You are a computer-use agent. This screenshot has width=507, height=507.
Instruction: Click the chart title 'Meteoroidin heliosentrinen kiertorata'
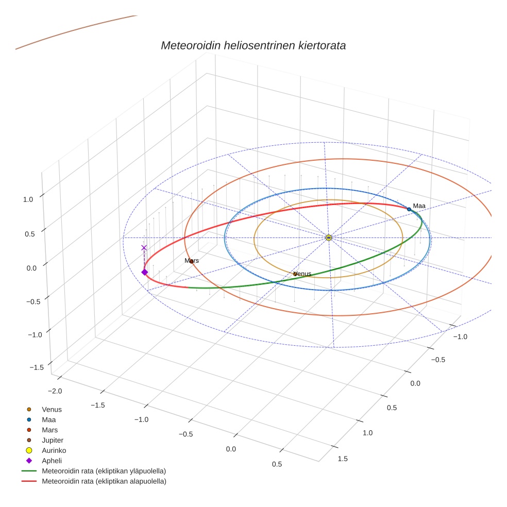253,45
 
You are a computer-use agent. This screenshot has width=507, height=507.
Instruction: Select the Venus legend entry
52,410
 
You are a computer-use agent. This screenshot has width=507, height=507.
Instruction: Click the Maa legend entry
48,420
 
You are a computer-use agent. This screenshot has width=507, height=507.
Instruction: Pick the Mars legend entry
49,430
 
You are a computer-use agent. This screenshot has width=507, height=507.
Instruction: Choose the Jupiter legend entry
52,441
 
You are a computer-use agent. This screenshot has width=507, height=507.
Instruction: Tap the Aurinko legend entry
54,451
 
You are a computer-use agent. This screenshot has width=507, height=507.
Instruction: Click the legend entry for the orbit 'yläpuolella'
104,471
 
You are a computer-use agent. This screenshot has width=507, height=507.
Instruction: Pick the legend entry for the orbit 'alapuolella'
104,482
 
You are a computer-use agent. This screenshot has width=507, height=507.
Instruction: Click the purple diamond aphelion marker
144,272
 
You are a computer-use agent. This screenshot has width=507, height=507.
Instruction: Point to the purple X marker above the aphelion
144,248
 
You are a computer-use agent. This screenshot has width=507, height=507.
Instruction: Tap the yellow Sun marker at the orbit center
329,238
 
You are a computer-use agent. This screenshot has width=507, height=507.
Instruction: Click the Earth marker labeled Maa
409,209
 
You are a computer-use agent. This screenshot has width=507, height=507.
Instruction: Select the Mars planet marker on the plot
192,261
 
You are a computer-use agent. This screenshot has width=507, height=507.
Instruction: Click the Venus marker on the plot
295,274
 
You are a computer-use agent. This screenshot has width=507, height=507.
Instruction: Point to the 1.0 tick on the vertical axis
28,199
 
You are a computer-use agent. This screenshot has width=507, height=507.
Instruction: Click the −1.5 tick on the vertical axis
36,367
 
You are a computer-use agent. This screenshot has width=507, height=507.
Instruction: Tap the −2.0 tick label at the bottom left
54,391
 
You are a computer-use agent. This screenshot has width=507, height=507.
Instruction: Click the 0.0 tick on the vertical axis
31,268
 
